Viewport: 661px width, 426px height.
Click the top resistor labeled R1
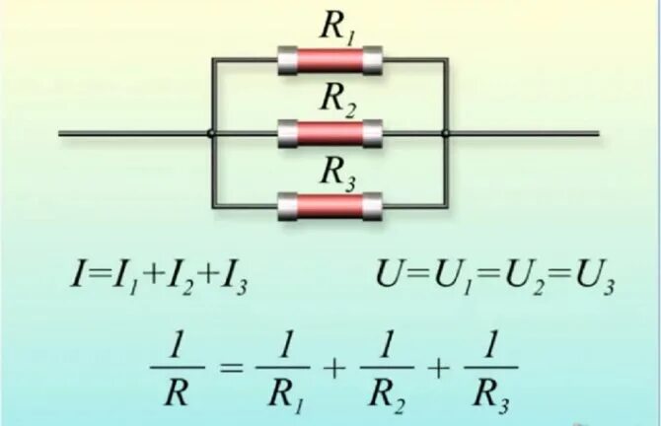[x=330, y=60]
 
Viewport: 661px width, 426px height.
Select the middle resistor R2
[x=330, y=131]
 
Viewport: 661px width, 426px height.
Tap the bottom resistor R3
[x=330, y=206]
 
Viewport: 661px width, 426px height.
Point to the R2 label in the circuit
[x=338, y=100]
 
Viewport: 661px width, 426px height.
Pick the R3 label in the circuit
[x=338, y=173]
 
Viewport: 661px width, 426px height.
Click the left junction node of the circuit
[x=212, y=132]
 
